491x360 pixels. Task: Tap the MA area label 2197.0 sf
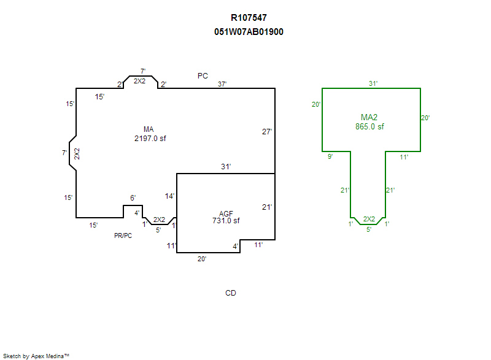[150, 139]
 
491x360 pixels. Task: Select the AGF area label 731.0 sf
[225, 221]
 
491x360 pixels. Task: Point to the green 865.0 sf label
[369, 127]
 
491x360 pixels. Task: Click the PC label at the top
[203, 76]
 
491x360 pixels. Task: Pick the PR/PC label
[123, 236]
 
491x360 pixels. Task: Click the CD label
[231, 293]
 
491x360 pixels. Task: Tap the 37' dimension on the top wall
[222, 84]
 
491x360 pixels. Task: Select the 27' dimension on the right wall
[266, 131]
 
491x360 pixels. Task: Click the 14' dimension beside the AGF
[170, 196]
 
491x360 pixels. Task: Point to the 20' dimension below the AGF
[202, 259]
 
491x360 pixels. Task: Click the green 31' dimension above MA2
[373, 83]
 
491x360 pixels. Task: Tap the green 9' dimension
[330, 157]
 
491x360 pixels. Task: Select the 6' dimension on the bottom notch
[133, 198]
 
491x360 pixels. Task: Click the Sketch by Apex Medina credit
[36, 356]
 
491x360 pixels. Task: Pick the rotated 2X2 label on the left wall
[77, 154]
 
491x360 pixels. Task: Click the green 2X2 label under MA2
[369, 219]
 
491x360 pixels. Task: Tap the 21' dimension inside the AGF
[266, 207]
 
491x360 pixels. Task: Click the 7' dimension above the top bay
[142, 72]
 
